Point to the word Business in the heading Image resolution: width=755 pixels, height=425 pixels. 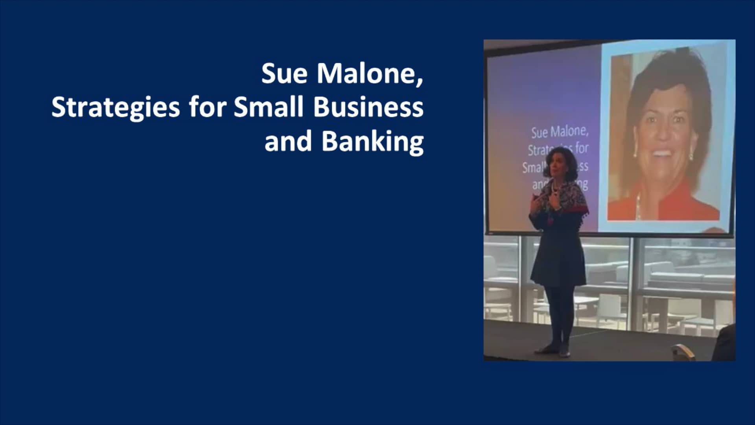368,107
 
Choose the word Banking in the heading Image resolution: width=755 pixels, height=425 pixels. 372,142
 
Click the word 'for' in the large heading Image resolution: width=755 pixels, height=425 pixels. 207,107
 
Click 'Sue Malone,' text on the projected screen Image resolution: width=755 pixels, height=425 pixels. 560,132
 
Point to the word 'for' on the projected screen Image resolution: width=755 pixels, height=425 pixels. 582,148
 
